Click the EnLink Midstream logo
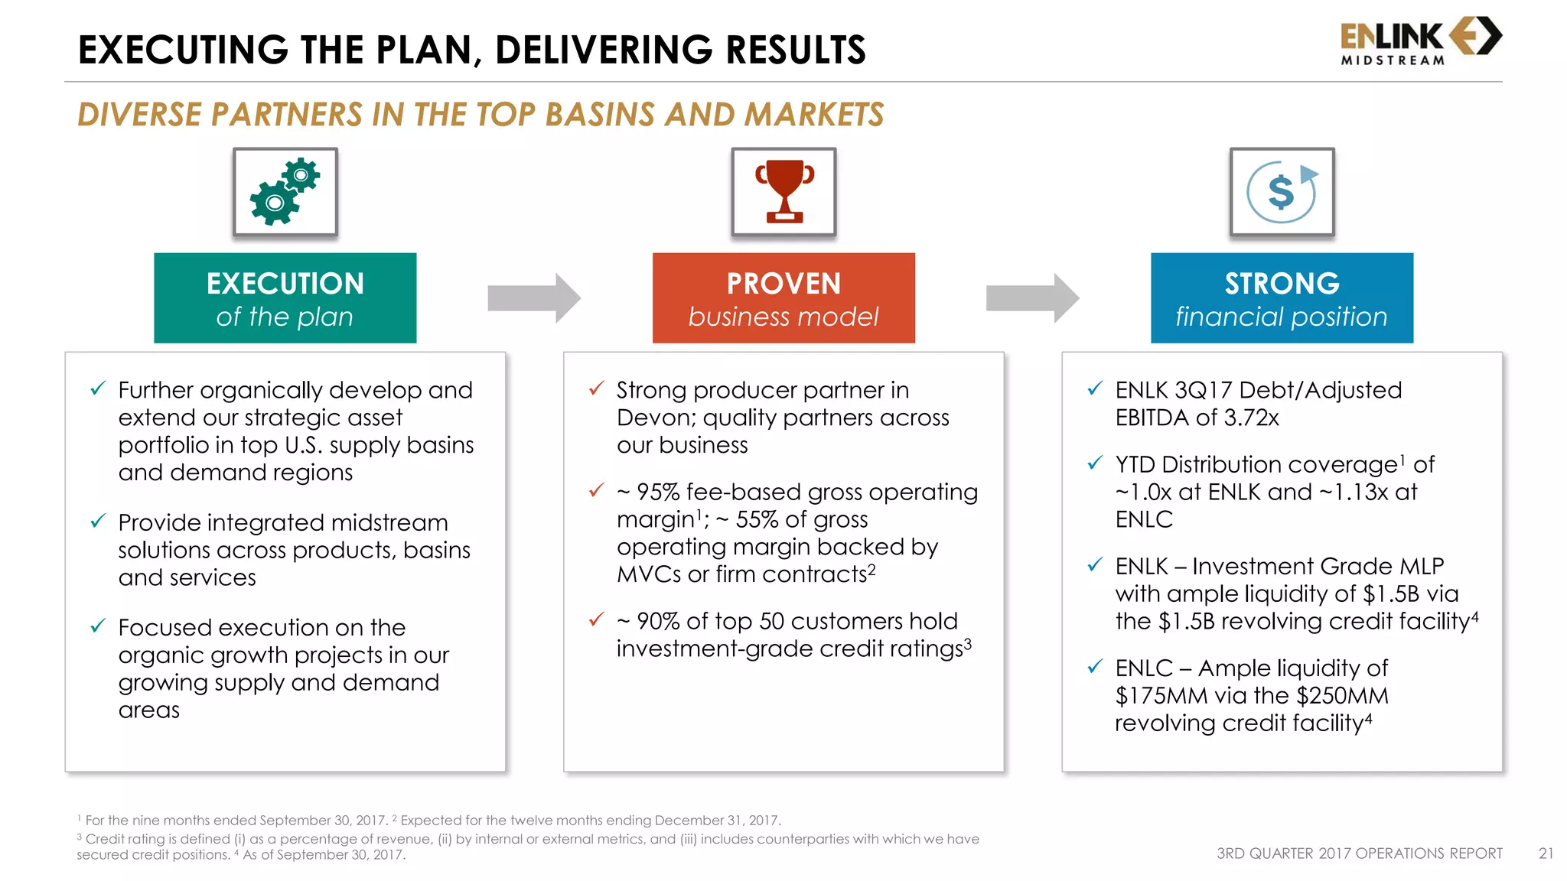point(1420,41)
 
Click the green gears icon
point(285,192)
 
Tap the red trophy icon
point(783,192)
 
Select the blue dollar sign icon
point(1282,192)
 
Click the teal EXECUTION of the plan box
point(285,298)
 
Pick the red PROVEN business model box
point(783,298)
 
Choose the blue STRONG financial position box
point(1282,298)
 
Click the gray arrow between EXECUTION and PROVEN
point(534,297)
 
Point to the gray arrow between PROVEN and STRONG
point(1032,297)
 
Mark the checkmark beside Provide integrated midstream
point(98,522)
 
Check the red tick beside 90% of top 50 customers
point(597,619)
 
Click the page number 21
point(1546,853)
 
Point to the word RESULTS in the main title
point(795,50)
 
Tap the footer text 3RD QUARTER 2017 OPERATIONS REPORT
point(1360,853)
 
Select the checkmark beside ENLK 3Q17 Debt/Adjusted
point(1095,388)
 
